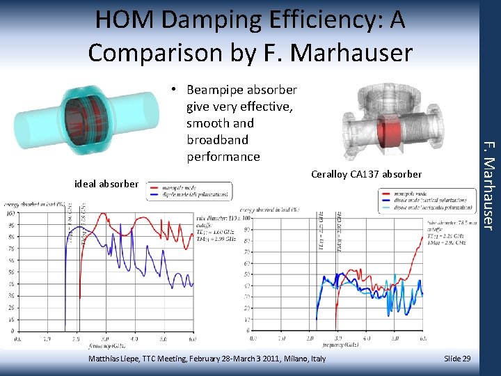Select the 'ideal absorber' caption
(x=106, y=184)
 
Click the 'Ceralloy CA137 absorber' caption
(x=366, y=174)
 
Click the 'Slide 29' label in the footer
(x=457, y=358)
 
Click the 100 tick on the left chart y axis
(x=10, y=213)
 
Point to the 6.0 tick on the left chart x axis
(x=192, y=338)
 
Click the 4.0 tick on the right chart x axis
(x=367, y=338)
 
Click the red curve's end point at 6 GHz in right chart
(x=422, y=237)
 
